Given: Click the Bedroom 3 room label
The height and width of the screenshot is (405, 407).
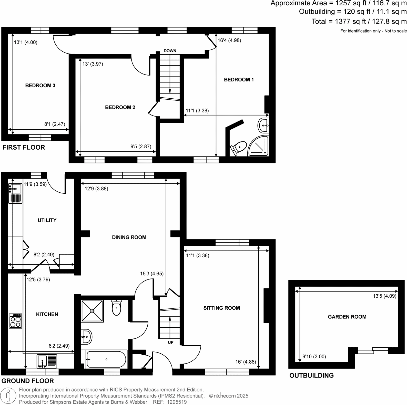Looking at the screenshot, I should [x=40, y=86].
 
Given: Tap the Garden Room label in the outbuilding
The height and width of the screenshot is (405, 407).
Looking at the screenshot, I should [x=347, y=317].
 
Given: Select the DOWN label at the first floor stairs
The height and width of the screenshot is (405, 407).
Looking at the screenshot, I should [x=170, y=51].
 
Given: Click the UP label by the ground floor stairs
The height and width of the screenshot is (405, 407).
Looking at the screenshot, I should [x=171, y=342].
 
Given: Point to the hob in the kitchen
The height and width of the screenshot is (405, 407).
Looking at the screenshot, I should [x=15, y=321].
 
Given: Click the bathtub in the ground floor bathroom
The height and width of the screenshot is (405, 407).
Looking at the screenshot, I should [x=106, y=359].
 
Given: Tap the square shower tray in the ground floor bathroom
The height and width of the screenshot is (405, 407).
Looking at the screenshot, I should [x=92, y=311].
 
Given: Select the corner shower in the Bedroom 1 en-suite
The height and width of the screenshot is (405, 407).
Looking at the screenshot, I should [x=259, y=147].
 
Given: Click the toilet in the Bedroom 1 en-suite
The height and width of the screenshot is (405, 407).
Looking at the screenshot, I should [x=239, y=148].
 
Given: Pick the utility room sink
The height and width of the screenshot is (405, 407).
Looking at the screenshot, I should [x=15, y=189].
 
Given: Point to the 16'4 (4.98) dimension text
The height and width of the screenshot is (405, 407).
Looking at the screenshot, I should [x=229, y=40].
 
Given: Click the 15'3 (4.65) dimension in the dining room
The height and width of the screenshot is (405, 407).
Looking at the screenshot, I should [x=152, y=274].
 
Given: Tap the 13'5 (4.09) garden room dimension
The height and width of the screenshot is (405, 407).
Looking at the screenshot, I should [x=384, y=296].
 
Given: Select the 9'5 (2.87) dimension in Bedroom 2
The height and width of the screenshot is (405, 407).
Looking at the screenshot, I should [x=141, y=147].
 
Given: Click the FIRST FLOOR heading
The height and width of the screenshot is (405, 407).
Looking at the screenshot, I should [x=24, y=147].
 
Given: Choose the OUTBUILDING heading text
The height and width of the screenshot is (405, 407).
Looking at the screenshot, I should [x=311, y=376].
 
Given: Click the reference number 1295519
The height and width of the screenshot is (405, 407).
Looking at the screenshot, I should [x=177, y=402].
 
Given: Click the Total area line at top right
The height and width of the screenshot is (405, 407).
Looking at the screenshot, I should [x=359, y=22].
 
